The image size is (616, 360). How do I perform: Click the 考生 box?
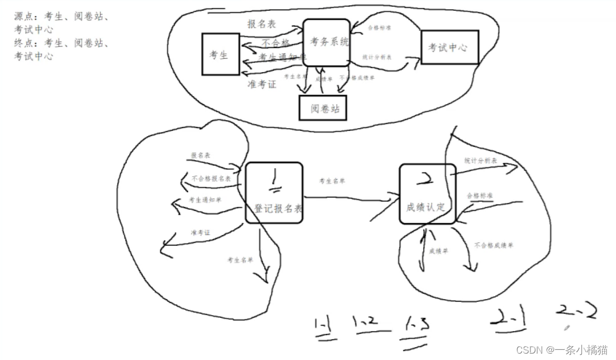[x=220, y=54]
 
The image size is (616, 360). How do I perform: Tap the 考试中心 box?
[x=449, y=47]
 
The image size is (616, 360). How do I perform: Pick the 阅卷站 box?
[x=322, y=108]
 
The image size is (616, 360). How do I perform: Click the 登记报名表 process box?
[x=274, y=193]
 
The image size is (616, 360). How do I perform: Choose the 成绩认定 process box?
[x=427, y=193]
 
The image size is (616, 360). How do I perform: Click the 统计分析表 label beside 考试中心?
[x=377, y=57]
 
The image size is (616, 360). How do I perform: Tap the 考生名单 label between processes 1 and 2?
[x=332, y=181]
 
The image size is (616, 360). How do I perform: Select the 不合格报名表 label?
[x=211, y=178]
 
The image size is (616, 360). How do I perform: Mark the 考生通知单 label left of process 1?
[x=205, y=200]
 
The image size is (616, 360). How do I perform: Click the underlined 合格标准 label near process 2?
[x=479, y=195]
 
